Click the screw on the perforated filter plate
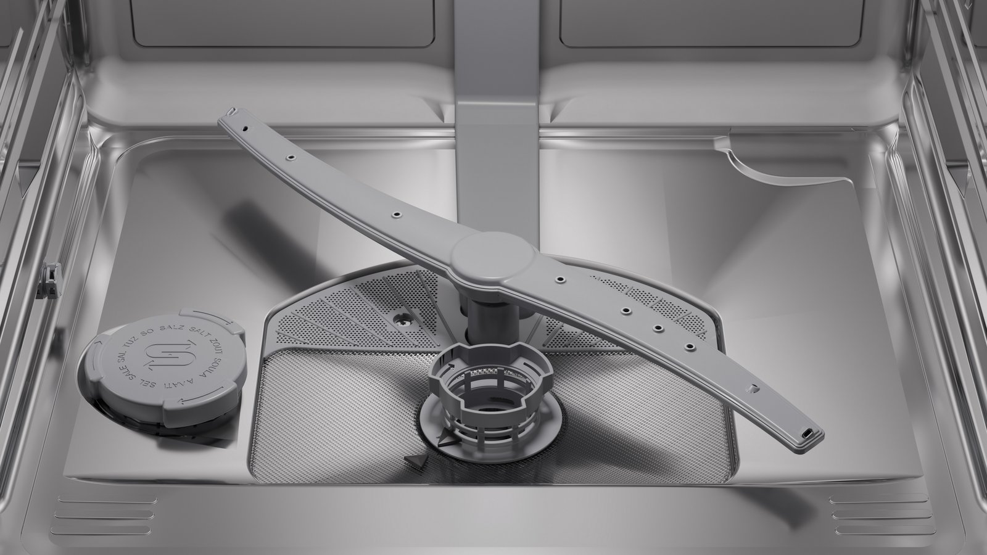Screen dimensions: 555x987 (401, 318)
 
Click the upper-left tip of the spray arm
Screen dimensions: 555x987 (232, 113)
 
